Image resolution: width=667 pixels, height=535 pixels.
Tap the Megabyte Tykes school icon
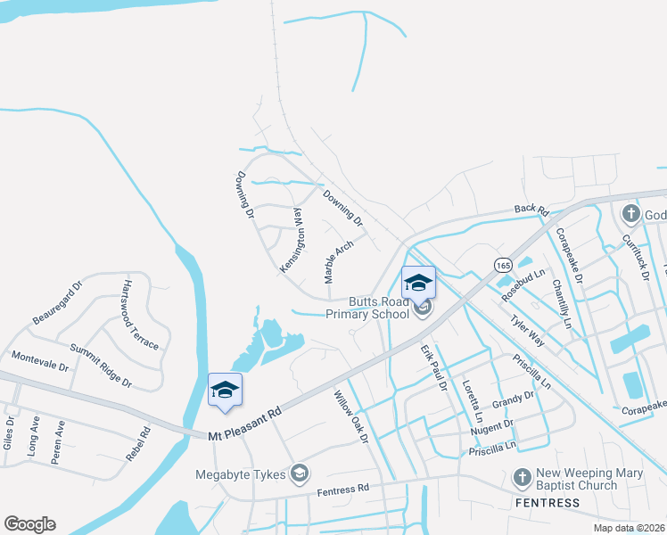tap(301, 472)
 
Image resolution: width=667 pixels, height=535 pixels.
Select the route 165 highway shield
tap(502, 265)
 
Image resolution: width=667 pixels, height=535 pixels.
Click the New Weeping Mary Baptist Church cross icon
tap(522, 478)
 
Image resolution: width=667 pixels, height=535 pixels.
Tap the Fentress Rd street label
tap(342, 489)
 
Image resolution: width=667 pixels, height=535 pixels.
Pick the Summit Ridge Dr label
tap(101, 366)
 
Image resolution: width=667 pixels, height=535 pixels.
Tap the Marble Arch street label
tap(339, 262)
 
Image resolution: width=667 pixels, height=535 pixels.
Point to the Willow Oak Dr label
tap(351, 416)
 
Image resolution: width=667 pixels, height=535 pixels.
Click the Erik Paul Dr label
tap(433, 368)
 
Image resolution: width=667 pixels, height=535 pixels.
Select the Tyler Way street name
tap(526, 329)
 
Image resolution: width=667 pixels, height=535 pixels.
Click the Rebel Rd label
tap(138, 443)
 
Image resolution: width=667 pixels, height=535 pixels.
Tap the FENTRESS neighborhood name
tap(546, 503)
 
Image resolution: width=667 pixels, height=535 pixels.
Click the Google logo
tap(29, 524)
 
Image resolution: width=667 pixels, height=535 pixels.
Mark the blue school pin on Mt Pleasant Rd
tap(226, 391)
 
